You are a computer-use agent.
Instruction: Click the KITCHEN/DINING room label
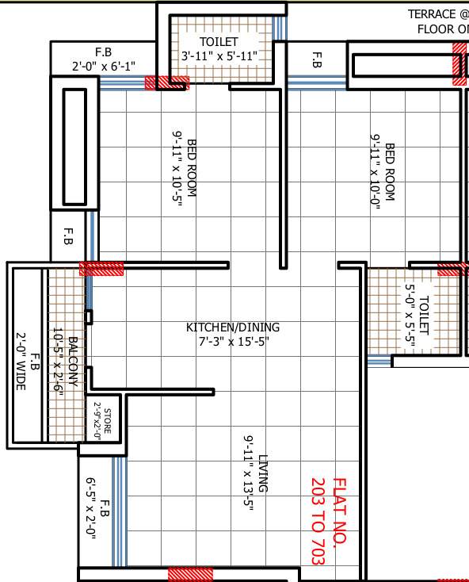pos(233,327)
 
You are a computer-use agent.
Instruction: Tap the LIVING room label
pos(263,473)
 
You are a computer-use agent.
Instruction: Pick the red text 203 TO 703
pos(318,521)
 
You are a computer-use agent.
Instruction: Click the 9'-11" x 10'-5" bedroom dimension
pos(177,170)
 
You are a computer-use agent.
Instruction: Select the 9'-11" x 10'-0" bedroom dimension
pos(376,170)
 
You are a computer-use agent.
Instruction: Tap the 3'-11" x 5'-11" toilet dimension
pos(219,56)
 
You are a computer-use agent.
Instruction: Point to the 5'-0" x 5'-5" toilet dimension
pos(410,316)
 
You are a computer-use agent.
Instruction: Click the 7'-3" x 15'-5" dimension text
pos(233,342)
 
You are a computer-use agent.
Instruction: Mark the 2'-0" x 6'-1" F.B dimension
pos(104,66)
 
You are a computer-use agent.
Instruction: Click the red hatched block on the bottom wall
pos(190,574)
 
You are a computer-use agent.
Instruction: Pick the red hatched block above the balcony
pos(101,268)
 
